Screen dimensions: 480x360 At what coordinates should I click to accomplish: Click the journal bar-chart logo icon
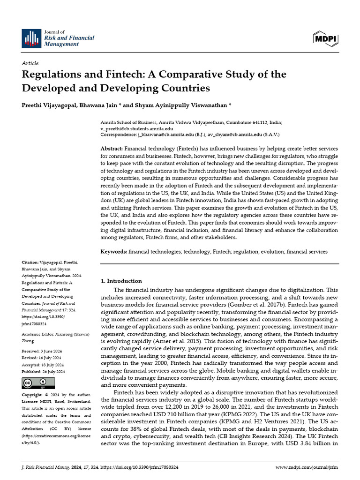[x=31, y=37]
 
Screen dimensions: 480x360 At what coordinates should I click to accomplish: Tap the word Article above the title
[x=30, y=63]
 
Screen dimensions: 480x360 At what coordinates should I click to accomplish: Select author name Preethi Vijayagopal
[x=51, y=105]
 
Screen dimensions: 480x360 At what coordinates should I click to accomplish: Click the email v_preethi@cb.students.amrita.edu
[x=137, y=128]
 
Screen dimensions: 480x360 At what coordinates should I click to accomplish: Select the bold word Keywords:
[x=114, y=252]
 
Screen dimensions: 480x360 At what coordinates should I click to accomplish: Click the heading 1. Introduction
[x=121, y=281]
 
